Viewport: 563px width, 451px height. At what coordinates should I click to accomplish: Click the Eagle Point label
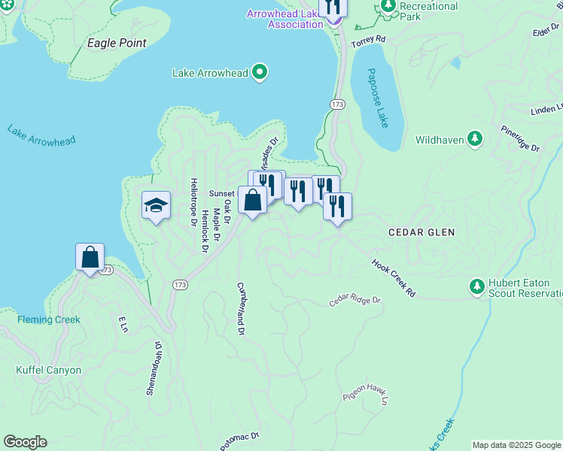tap(117, 44)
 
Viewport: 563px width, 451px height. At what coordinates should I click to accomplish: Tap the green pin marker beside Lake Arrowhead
tap(260, 73)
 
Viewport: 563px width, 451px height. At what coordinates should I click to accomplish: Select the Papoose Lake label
tap(378, 98)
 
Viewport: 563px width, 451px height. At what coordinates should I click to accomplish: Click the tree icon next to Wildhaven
tap(474, 138)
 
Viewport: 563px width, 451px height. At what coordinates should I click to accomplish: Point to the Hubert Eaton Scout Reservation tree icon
tap(476, 286)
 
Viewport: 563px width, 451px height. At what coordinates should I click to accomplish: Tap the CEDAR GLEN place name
tap(421, 232)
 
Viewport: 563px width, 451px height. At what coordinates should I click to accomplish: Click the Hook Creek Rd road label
tap(393, 278)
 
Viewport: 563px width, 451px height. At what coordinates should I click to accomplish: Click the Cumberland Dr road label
tap(241, 309)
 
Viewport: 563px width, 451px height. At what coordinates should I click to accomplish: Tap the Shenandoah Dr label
tap(154, 368)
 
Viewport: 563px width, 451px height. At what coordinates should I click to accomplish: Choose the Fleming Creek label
tap(49, 319)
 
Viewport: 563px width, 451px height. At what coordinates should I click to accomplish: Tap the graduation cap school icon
tap(157, 205)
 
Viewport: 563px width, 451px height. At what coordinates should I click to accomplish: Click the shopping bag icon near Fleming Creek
tap(90, 257)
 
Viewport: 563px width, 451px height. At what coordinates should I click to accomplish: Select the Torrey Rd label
tap(370, 38)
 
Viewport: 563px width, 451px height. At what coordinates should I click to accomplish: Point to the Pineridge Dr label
tap(520, 140)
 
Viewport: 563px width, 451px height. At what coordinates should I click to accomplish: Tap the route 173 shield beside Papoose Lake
tap(336, 103)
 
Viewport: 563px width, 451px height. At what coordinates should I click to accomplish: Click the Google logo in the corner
tap(25, 442)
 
